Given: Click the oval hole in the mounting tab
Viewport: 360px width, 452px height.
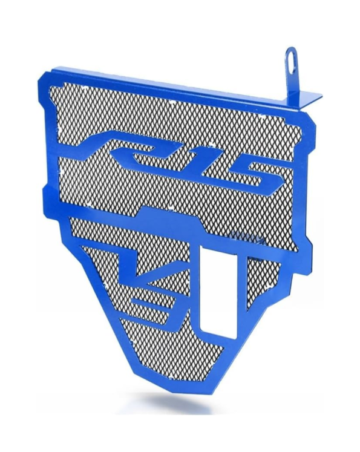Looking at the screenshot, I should click(x=291, y=61).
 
